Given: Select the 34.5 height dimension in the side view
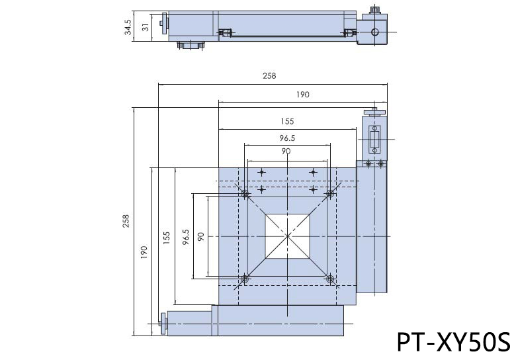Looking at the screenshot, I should [128, 26].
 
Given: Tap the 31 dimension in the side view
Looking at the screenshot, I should [146, 26].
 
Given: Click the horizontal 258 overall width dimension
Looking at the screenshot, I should [269, 76].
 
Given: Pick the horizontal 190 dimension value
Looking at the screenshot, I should [302, 95].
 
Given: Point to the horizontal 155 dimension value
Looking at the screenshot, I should [286, 121].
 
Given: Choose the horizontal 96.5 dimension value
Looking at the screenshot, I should [286, 138].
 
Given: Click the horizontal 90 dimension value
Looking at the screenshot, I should [286, 152].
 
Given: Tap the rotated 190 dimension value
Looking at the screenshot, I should [144, 252].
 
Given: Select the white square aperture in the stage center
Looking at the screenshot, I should [288, 236].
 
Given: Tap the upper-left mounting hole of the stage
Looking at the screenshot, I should [245, 194].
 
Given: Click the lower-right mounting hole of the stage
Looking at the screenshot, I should [330, 279].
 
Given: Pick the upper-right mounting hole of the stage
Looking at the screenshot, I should [330, 194].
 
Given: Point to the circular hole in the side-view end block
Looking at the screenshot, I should [375, 31].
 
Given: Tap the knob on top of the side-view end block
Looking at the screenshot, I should [375, 9].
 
